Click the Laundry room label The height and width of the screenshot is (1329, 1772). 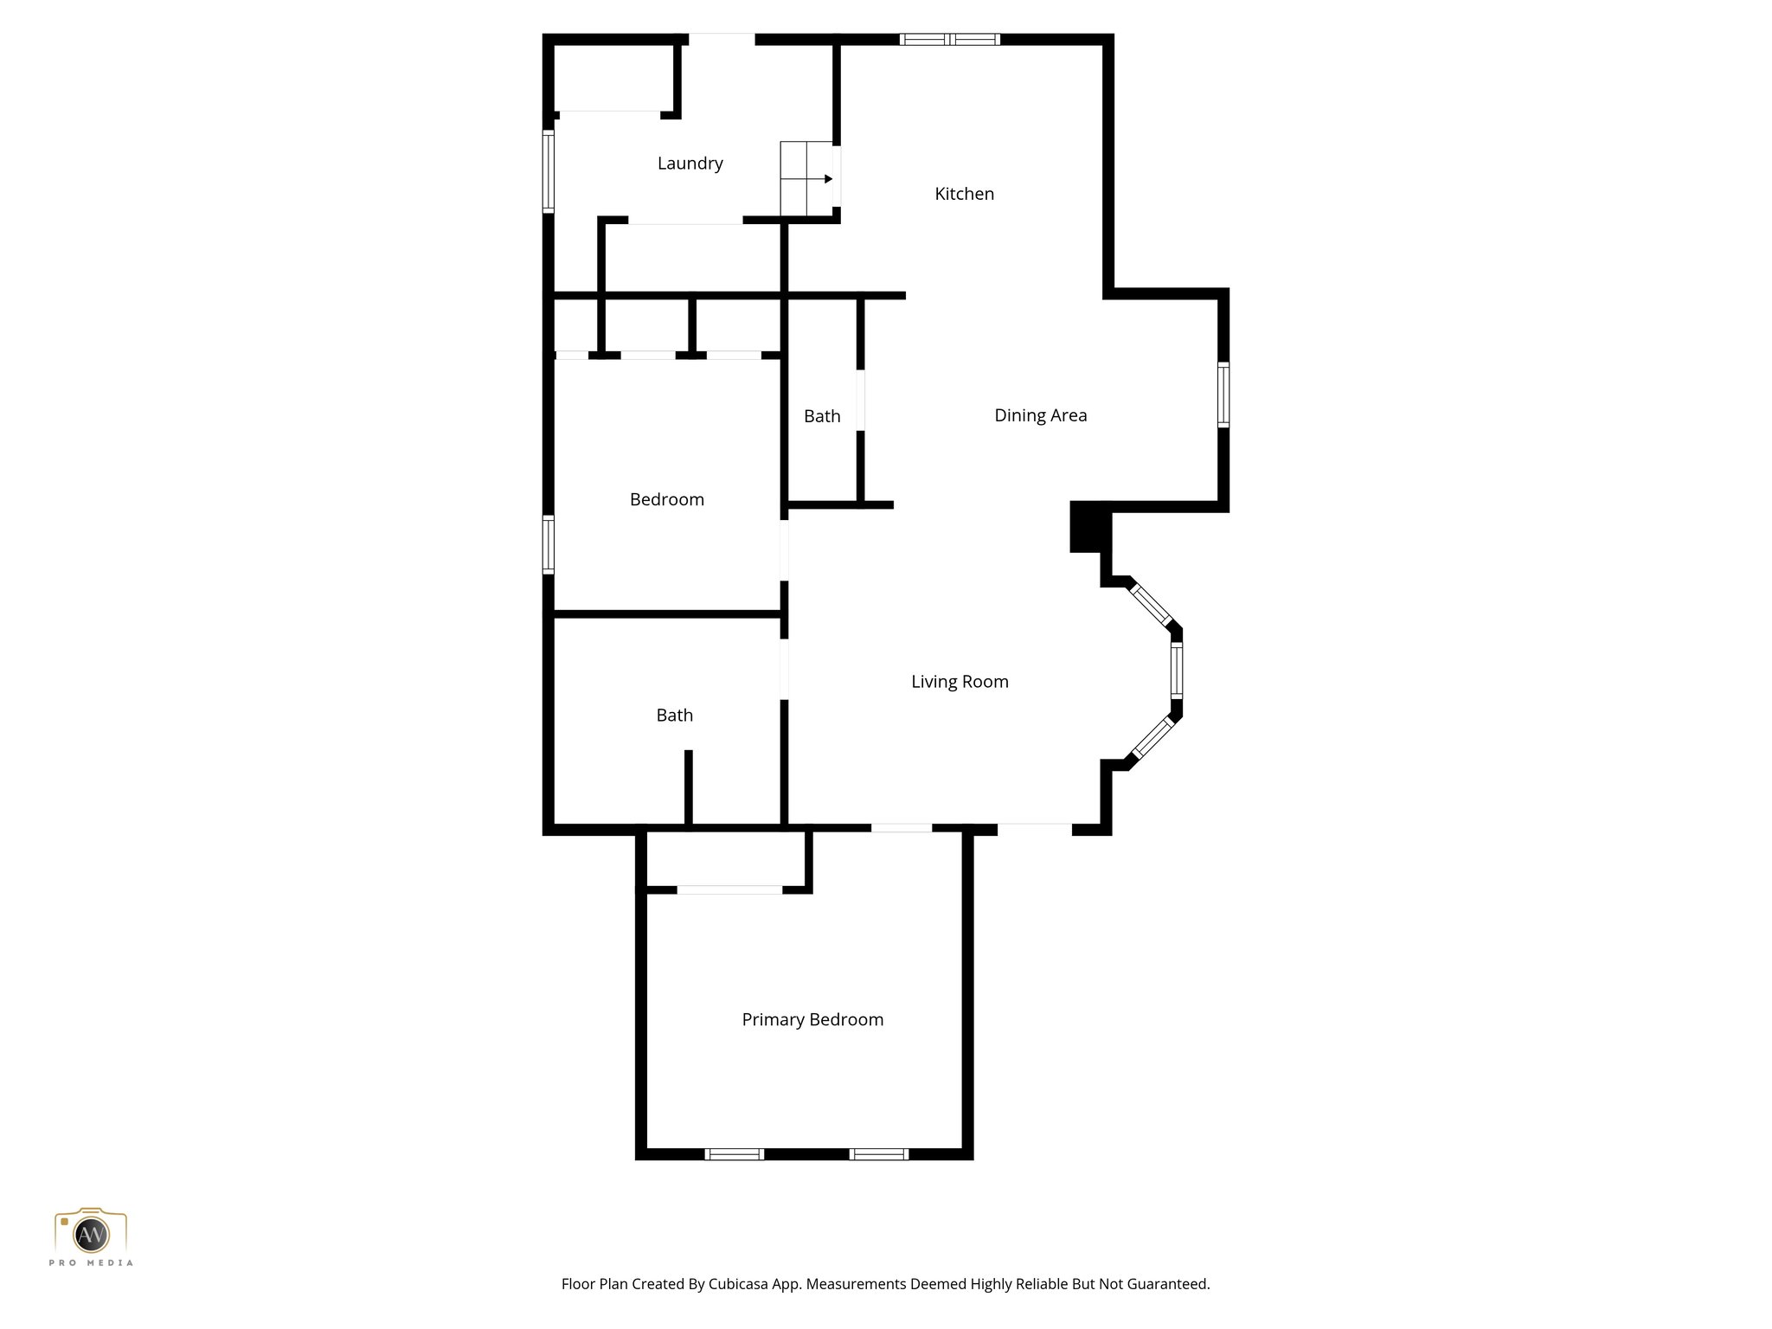[690, 164]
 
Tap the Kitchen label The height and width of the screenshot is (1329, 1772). [964, 194]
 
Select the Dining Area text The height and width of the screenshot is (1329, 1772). [1040, 415]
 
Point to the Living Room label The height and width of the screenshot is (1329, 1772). [960, 682]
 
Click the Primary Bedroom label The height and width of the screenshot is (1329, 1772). [812, 1020]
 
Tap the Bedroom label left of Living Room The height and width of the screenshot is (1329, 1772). [666, 499]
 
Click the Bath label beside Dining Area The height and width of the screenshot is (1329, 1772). [822, 416]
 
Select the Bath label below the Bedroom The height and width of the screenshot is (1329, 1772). [674, 716]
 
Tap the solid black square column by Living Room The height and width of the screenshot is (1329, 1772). [1088, 526]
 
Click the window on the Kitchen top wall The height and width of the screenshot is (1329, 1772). [949, 39]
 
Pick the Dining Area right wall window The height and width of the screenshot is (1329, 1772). [1223, 395]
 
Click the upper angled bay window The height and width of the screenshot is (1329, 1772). [1152, 605]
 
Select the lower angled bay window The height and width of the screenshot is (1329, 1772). [1152, 738]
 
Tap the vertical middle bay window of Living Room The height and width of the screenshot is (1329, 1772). [1176, 671]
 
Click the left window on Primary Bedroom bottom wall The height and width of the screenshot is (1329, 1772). [734, 1153]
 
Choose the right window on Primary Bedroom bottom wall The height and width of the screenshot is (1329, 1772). [878, 1153]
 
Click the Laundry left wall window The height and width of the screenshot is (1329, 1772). [548, 171]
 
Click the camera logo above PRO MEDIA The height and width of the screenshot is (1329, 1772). [91, 1231]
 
